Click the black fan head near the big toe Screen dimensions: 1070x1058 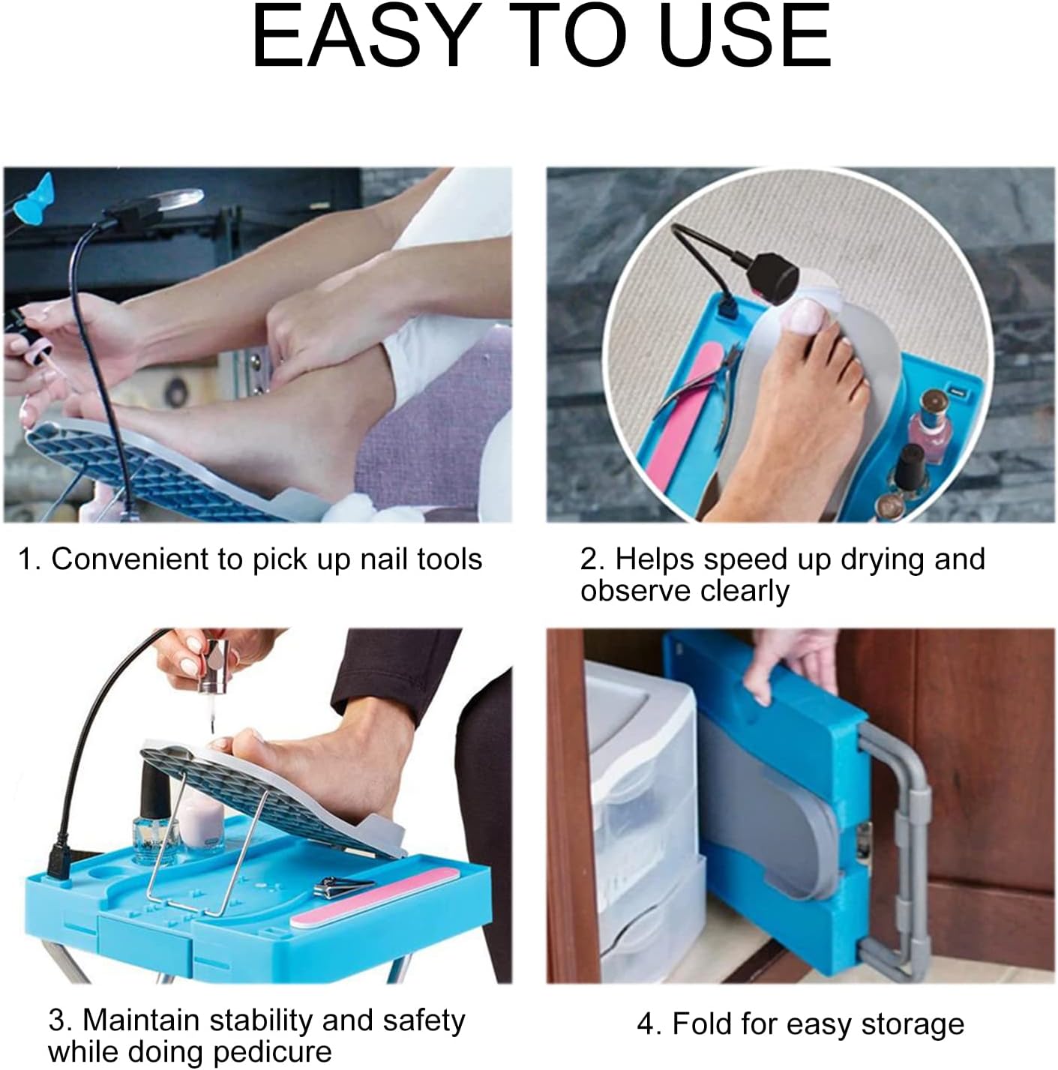click(770, 277)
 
